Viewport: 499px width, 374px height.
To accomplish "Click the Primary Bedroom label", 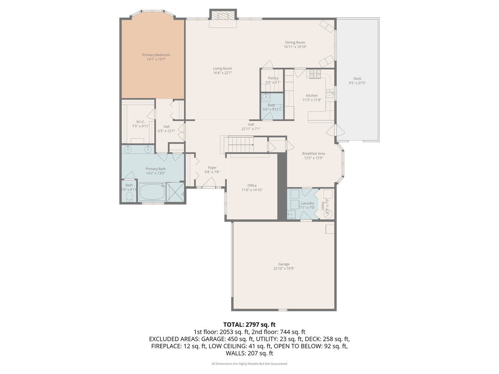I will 156,55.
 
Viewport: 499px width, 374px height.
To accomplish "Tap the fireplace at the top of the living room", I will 223,16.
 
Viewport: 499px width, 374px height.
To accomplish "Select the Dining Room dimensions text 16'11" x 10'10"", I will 295,47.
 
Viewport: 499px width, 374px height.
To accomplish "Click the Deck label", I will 357,79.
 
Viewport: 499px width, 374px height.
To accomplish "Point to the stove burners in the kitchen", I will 315,74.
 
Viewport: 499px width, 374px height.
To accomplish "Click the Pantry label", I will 273,78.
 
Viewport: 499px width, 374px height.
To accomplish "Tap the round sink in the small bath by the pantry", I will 266,97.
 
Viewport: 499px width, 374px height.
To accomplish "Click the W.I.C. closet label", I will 140,122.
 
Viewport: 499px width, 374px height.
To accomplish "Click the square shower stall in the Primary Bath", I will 175,192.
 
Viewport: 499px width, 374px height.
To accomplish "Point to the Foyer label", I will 212,168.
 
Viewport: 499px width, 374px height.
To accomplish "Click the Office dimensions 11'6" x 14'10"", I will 252,190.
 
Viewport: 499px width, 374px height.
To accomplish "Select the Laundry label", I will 307,203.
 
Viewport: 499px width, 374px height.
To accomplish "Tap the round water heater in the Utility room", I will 327,214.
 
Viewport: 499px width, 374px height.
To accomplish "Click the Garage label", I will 283,264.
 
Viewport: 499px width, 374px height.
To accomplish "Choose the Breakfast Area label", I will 313,153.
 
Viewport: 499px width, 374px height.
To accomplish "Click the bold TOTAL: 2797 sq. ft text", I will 249,324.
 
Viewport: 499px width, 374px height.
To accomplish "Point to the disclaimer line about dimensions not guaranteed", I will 249,364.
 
